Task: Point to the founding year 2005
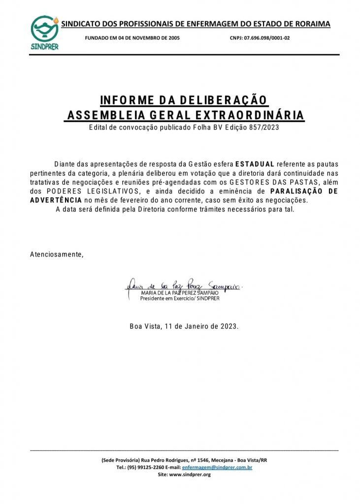(x=179, y=38)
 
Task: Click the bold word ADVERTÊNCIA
(x=56, y=200)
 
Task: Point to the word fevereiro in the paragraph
(x=133, y=200)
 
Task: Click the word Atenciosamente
(x=57, y=254)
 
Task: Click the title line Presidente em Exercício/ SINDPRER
(x=180, y=298)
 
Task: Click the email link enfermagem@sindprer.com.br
(x=217, y=467)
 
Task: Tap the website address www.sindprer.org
(x=190, y=474)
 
